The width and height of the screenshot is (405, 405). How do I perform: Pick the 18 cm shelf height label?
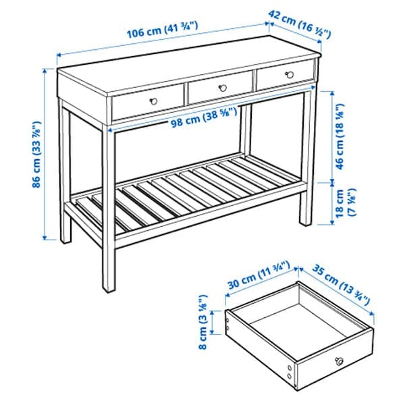coord(344,202)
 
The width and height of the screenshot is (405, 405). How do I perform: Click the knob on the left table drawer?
coord(154,99)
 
